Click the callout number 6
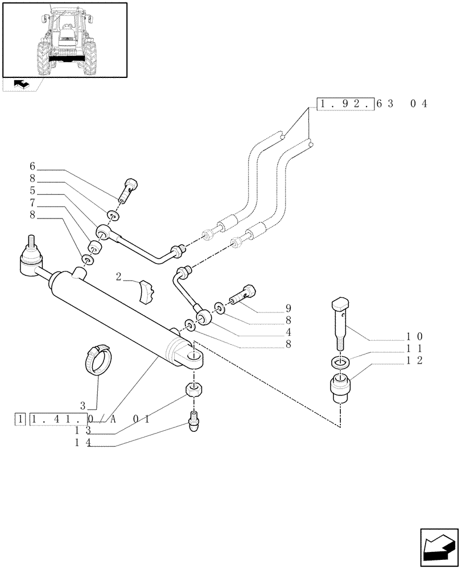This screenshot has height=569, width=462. pos(32,167)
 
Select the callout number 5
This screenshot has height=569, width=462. pos(32,191)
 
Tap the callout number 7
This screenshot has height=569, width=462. pos(32,203)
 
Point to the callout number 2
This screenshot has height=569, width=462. pos(119,277)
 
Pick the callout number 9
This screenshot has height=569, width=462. pos(288,309)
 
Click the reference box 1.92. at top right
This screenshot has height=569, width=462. pos(345,104)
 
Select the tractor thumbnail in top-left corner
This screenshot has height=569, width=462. pos(64,40)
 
